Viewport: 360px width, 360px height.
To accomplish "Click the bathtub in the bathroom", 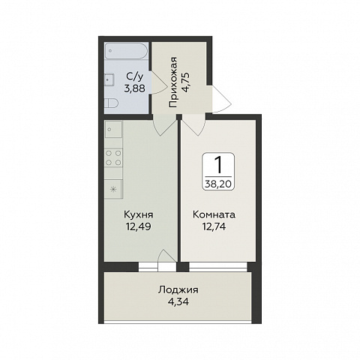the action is coord(125,51).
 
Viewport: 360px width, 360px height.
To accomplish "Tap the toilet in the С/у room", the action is coord(111,103).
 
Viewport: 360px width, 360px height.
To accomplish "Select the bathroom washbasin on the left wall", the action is coord(109,79).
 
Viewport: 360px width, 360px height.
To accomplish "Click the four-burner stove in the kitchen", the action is coord(113,157).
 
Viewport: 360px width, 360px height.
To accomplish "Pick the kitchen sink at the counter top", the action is coord(113,129).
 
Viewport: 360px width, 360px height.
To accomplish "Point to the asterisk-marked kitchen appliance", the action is coord(113,189).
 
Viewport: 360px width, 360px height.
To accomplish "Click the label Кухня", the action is coord(138,214).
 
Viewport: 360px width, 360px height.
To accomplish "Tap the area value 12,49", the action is coord(138,226).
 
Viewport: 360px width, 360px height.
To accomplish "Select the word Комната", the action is coord(214,214).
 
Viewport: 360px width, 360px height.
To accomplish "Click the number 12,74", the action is coord(214,226).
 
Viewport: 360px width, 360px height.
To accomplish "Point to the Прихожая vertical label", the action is coord(172,82).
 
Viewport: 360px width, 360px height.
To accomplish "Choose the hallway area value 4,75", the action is coord(187,82).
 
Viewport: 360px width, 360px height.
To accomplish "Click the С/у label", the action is coord(135,76).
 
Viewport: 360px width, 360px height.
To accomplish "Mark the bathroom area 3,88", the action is coord(135,88).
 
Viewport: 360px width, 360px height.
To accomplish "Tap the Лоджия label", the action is coord(178,290).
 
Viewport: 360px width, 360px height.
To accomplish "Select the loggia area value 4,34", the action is coord(178,301).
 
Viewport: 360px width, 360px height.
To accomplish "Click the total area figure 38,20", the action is coord(218,184).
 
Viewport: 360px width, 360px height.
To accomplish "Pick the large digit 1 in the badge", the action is coord(218,164).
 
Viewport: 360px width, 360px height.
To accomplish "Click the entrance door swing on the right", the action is coord(221,99).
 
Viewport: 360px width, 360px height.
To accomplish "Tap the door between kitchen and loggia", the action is coord(167,260).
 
